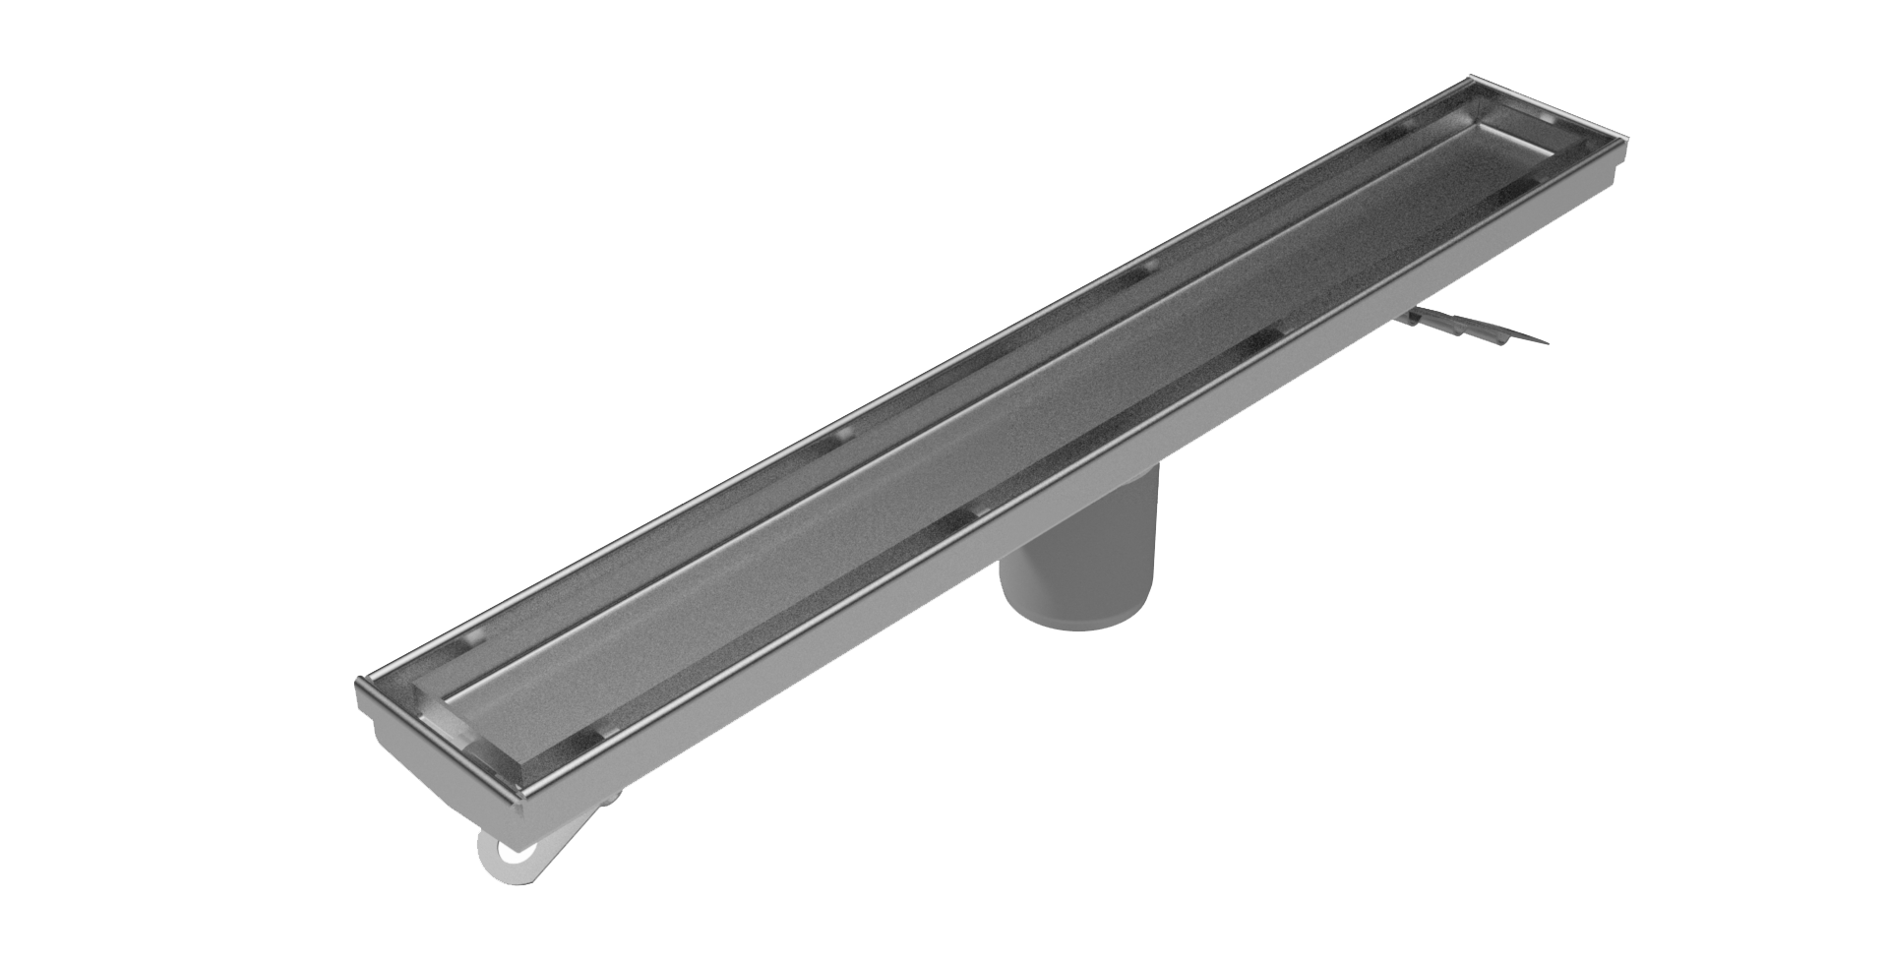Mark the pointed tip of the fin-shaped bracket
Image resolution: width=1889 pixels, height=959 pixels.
[x=1546, y=342]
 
